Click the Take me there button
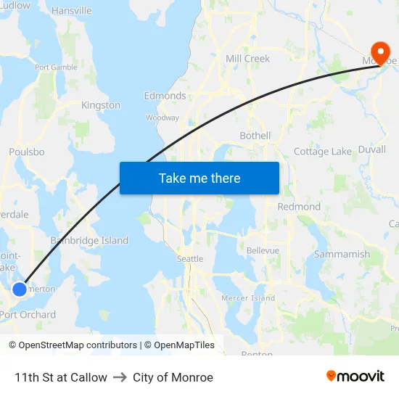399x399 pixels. click(x=199, y=178)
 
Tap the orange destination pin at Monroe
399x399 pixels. click(x=379, y=50)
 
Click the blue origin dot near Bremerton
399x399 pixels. click(x=20, y=289)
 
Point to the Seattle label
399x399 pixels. click(x=190, y=259)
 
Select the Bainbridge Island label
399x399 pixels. click(x=89, y=241)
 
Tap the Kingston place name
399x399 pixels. click(x=101, y=105)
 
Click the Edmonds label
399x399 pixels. click(x=165, y=96)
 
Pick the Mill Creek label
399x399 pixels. click(x=247, y=59)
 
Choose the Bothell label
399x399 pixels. click(x=255, y=136)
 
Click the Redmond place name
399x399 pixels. click(x=299, y=207)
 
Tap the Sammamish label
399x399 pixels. click(x=342, y=255)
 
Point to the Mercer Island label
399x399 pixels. click(x=248, y=298)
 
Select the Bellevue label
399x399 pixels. click(x=263, y=250)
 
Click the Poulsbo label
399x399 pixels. click(x=27, y=152)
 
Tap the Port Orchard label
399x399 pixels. click(x=28, y=315)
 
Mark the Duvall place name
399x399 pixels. click(x=372, y=149)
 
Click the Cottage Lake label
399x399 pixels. click(x=323, y=152)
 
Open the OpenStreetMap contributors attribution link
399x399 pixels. click(x=78, y=345)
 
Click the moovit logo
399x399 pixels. click(x=355, y=377)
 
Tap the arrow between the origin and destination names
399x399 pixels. click(x=120, y=377)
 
